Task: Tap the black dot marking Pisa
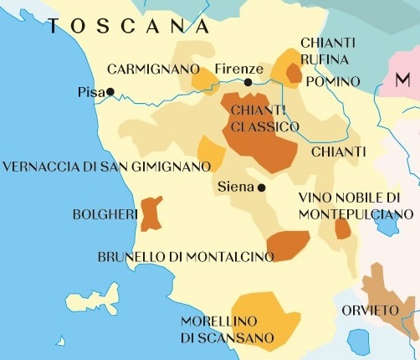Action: point(110,92)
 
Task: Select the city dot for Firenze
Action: point(248,82)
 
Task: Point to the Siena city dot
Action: point(261,188)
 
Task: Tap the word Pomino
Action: point(332,81)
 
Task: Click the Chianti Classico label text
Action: point(260,119)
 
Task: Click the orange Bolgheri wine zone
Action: point(151,213)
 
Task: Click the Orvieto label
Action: point(371,311)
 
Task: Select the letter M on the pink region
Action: point(402,80)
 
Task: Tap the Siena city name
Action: point(234,187)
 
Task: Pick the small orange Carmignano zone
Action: point(204,80)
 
